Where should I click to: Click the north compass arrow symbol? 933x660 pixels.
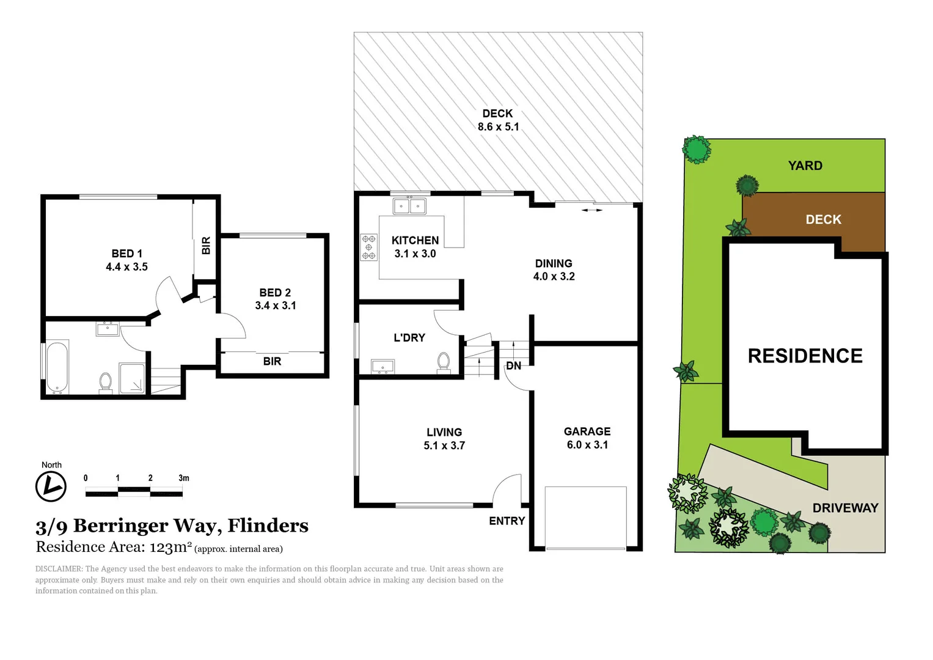click(51, 487)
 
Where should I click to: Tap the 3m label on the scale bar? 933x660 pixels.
click(183, 478)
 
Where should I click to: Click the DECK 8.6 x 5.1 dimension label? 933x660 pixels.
click(498, 120)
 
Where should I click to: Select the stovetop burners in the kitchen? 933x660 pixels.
click(368, 247)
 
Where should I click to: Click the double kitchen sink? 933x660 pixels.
click(409, 206)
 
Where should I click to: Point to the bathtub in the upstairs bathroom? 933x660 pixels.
click(57, 367)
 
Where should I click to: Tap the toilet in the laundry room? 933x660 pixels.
click(444, 362)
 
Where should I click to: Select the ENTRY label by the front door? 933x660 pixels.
click(507, 521)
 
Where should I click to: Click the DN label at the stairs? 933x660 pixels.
click(513, 365)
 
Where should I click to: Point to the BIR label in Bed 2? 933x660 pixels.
click(272, 361)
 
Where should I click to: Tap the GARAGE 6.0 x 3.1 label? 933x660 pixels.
click(587, 438)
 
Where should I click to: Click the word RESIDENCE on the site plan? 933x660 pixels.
click(805, 356)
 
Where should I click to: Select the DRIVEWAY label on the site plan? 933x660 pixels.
click(845, 508)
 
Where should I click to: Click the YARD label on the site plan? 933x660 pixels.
click(805, 166)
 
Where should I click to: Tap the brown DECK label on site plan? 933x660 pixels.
click(823, 219)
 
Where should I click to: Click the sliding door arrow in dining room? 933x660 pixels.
click(591, 210)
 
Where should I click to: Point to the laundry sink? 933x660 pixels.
click(383, 366)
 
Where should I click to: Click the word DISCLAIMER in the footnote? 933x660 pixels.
click(59, 569)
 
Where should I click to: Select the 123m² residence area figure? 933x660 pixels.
click(170, 547)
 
